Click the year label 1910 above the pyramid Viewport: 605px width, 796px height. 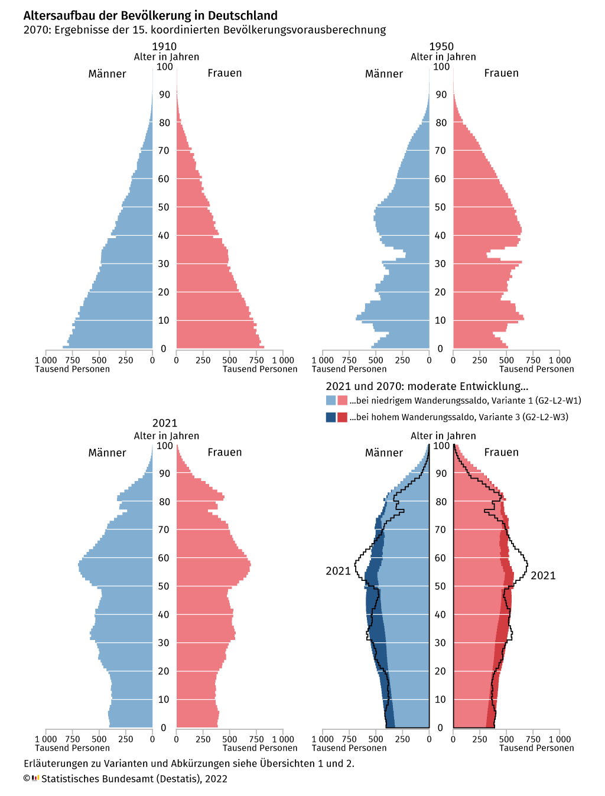click(164, 47)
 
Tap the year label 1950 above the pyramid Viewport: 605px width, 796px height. click(441, 47)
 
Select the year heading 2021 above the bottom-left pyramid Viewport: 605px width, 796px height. click(165, 423)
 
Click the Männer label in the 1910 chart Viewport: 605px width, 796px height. click(107, 74)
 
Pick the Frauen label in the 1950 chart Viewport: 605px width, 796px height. click(501, 73)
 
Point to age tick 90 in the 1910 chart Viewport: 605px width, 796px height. click(164, 95)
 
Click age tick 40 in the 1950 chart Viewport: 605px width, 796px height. click(440, 235)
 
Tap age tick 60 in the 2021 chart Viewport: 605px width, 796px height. click(164, 558)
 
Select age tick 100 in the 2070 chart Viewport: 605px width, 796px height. click(441, 446)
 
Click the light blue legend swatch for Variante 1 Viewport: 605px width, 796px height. click(331, 400)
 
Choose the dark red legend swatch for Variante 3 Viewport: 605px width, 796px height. click(342, 417)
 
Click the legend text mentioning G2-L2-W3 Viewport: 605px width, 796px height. click(458, 417)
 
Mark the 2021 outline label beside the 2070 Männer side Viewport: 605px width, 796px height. click(338, 571)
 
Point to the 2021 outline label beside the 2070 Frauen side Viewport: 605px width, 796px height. click(543, 576)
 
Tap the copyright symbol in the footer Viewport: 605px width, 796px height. click(27, 778)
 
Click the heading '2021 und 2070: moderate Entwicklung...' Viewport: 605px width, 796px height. click(427, 386)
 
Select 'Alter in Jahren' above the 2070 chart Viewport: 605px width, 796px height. click(443, 436)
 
